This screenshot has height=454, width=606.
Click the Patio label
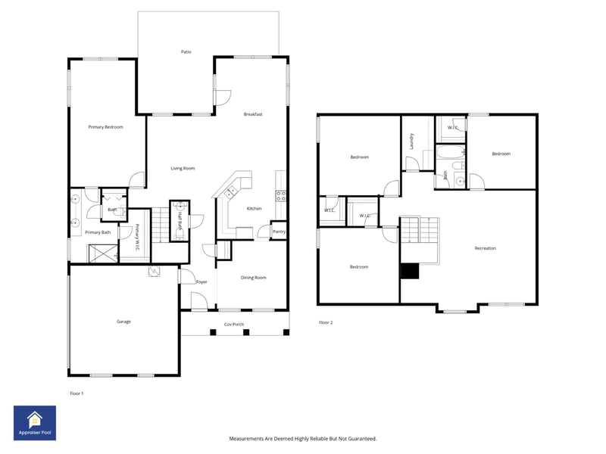(x=186, y=52)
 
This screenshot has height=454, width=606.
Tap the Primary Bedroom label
(x=105, y=127)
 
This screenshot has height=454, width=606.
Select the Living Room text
(x=183, y=168)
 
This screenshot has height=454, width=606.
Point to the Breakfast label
(x=253, y=114)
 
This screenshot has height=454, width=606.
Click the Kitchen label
(x=255, y=209)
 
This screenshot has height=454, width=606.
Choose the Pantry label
(x=279, y=232)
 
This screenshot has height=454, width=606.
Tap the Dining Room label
(x=254, y=278)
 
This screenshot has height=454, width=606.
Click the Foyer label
(x=201, y=281)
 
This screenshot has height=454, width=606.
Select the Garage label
(x=123, y=322)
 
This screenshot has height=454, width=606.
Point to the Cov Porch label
(x=233, y=324)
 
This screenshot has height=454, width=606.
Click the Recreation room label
(x=486, y=248)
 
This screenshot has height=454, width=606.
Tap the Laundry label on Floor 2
(x=411, y=141)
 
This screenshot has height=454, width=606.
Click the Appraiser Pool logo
(x=35, y=423)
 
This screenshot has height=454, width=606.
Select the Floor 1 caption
(x=77, y=393)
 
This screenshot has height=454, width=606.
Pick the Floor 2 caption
(x=326, y=322)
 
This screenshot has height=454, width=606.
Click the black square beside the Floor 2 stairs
(x=410, y=271)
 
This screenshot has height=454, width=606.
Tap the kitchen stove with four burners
(x=280, y=194)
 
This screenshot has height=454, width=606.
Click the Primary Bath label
(x=98, y=232)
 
